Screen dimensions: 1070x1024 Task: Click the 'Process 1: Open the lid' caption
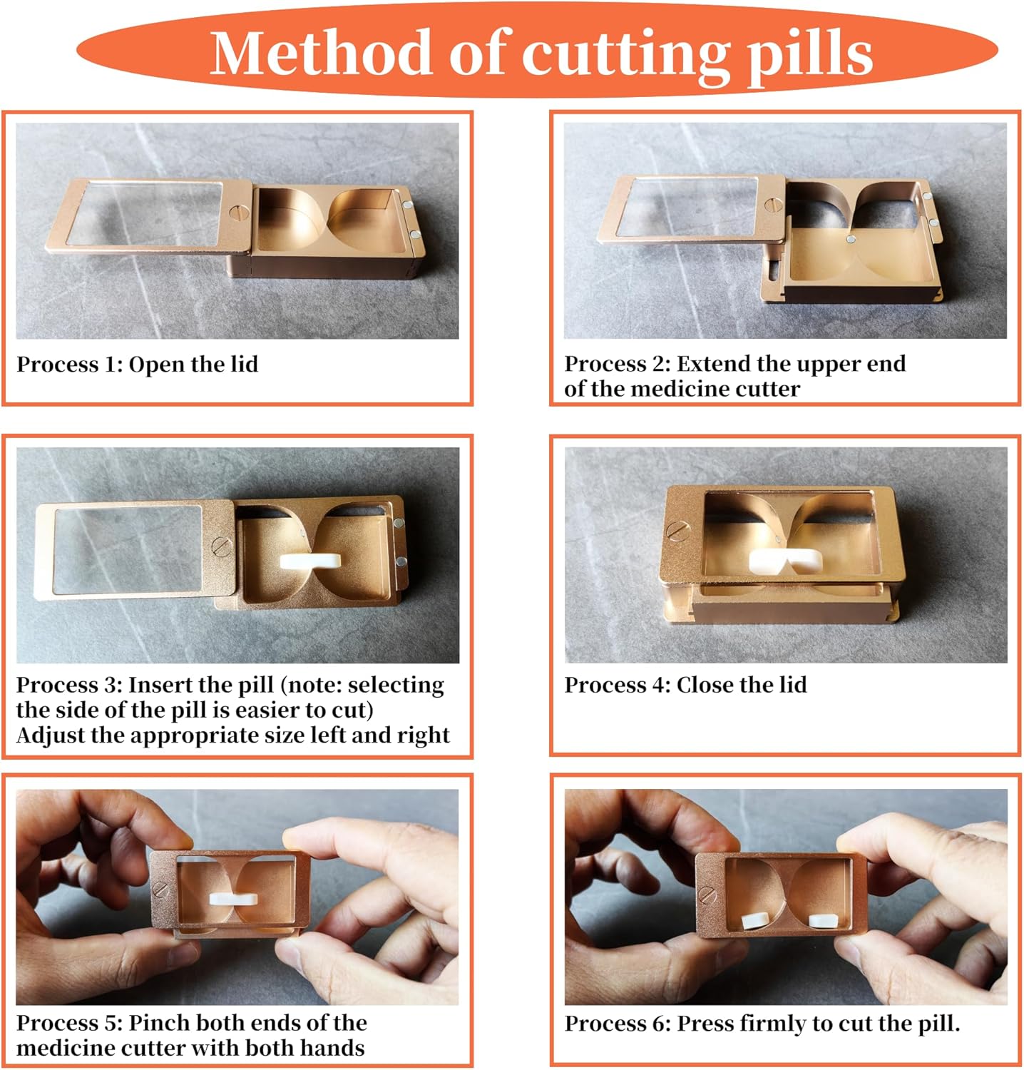[137, 365]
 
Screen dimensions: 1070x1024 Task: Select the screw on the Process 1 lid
[240, 213]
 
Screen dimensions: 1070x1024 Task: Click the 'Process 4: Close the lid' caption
[685, 685]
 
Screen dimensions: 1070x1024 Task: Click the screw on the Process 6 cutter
[708, 892]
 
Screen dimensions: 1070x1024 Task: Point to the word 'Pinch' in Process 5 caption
[157, 1023]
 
